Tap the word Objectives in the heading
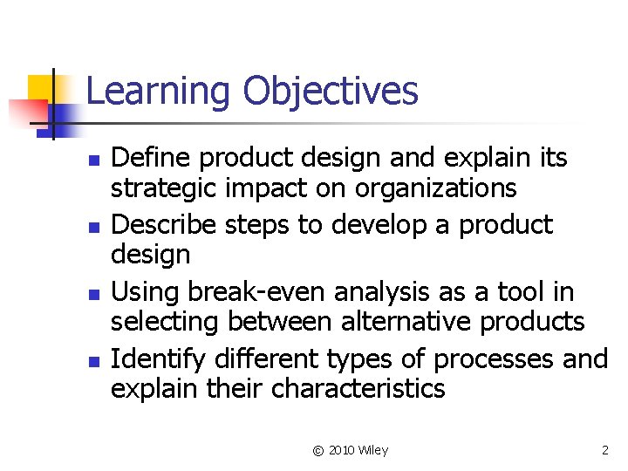(331, 92)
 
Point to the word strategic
(167, 188)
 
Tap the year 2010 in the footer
(344, 450)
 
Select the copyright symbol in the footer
(317, 450)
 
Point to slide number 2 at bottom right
(605, 450)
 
